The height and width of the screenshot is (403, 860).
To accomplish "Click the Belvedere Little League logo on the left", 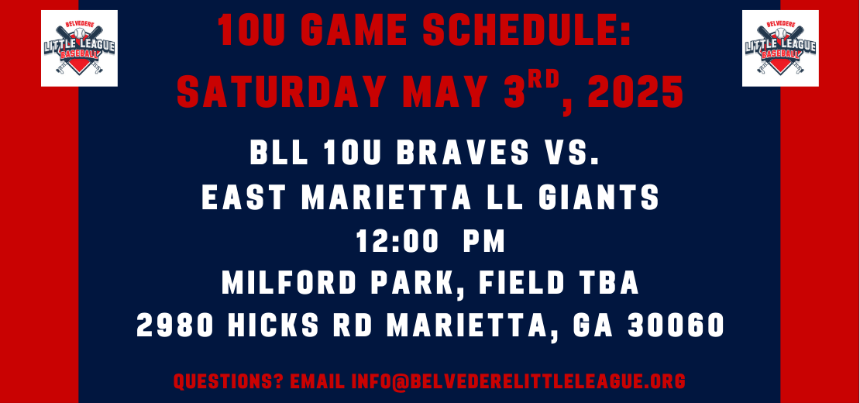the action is (x=79, y=48).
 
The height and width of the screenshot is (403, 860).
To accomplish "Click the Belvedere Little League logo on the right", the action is (x=780, y=48).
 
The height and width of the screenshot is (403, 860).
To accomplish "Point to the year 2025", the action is (x=635, y=91).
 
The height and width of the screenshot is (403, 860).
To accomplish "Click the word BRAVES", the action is (x=463, y=153).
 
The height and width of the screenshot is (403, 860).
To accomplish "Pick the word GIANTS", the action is (x=599, y=198).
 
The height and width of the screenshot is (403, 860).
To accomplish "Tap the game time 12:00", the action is (x=397, y=241).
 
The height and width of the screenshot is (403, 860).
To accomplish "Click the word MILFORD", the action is (x=291, y=283).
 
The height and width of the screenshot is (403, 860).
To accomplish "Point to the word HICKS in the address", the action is (x=273, y=325).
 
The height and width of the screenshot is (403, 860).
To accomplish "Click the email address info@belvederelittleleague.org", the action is (x=518, y=381).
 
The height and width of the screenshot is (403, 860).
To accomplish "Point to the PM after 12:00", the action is (x=483, y=241).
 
